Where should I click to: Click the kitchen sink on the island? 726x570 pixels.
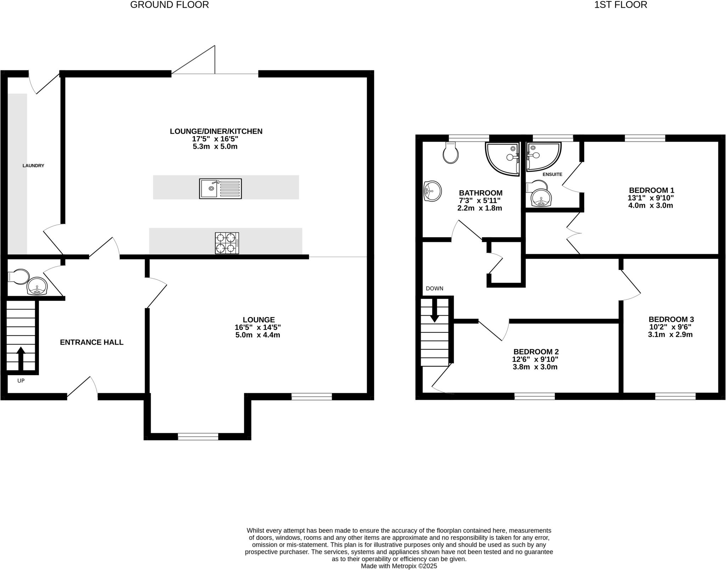pos(220,188)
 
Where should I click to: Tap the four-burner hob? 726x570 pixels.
pos(227,243)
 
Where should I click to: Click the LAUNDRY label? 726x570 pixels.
pos(33,165)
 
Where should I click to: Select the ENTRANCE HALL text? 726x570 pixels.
pos(91,342)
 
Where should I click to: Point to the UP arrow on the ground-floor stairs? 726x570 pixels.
pos(21,358)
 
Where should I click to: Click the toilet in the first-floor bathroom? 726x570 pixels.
pos(451,153)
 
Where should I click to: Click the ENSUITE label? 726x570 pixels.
pos(552,174)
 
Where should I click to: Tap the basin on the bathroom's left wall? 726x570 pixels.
pos(432,191)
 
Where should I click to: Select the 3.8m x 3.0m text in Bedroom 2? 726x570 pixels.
pos(535,367)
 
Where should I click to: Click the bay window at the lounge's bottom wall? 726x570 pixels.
pos(198,436)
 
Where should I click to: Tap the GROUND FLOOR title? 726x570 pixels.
pos(169,5)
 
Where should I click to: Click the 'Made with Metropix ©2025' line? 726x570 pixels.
pos(399,566)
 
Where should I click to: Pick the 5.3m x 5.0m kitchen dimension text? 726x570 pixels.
pos(215,146)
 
